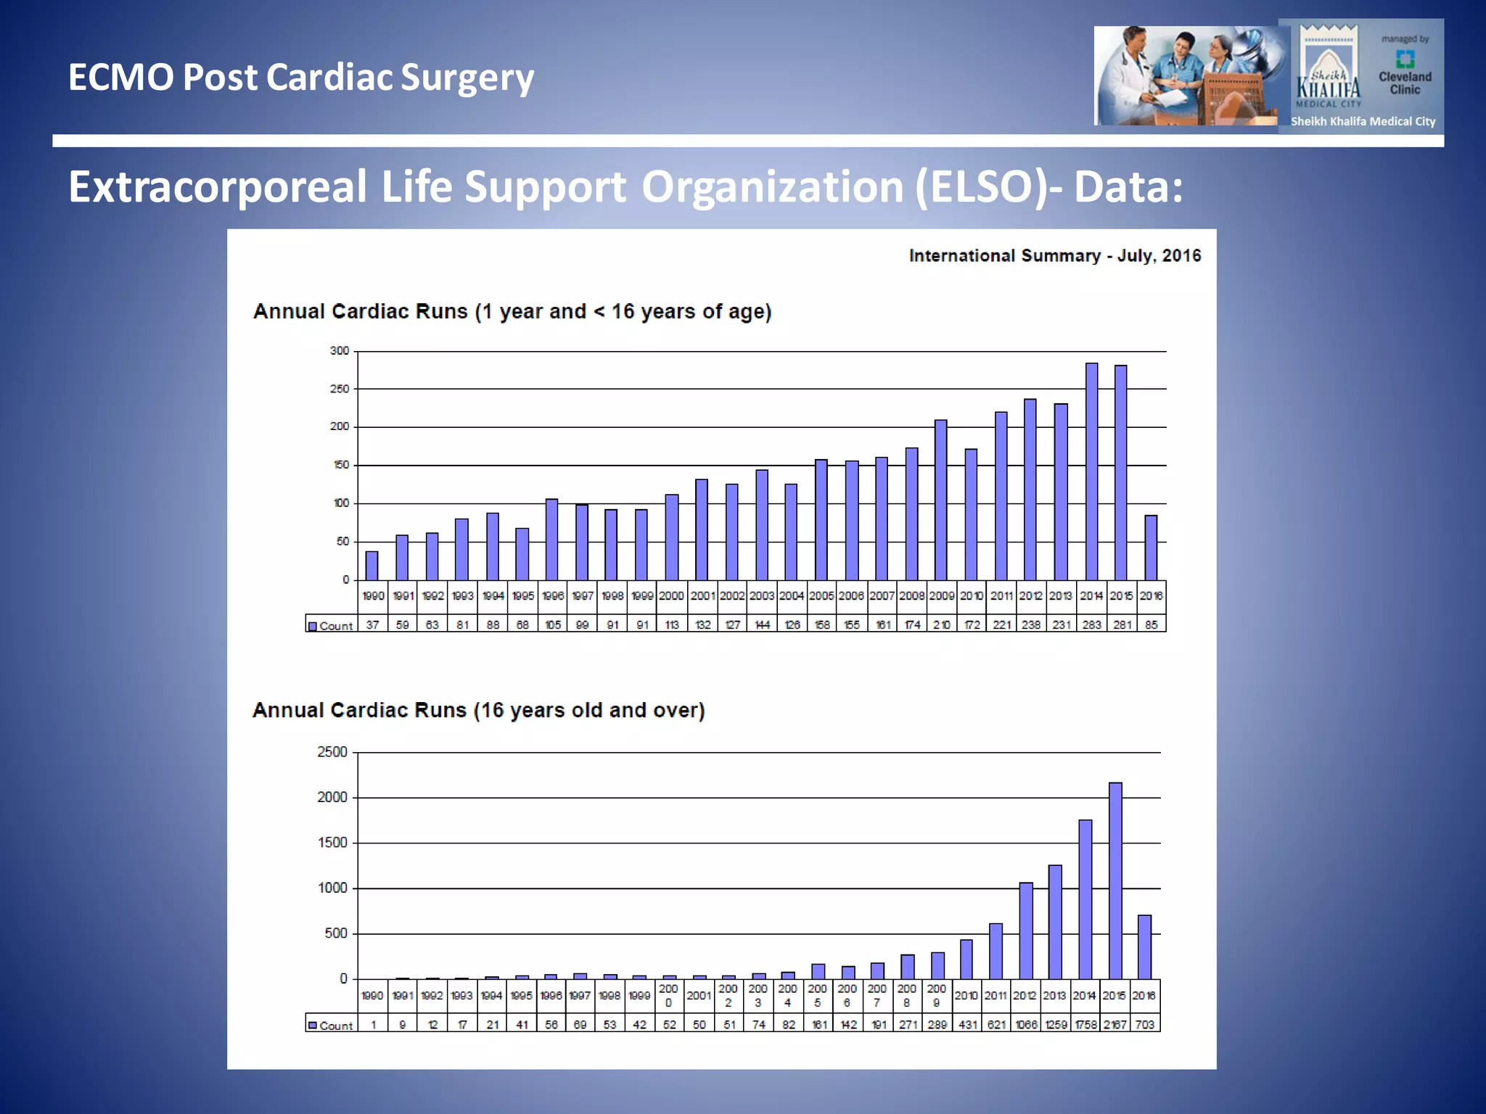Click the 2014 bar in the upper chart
[x=1091, y=471]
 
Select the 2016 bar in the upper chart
[x=1151, y=548]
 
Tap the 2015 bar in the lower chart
[x=1115, y=880]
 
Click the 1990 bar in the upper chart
[x=371, y=566]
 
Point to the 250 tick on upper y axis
[x=340, y=389]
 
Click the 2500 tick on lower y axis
[x=332, y=752]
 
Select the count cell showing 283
[x=1091, y=624]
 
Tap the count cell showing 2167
[x=1115, y=1025]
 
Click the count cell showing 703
[x=1144, y=1025]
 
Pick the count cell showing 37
[x=372, y=624]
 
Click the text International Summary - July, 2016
[x=1054, y=256]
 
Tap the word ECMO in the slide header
[x=120, y=78]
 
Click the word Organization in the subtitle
[x=773, y=187]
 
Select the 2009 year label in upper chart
[x=941, y=596]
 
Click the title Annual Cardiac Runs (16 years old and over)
[x=478, y=710]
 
